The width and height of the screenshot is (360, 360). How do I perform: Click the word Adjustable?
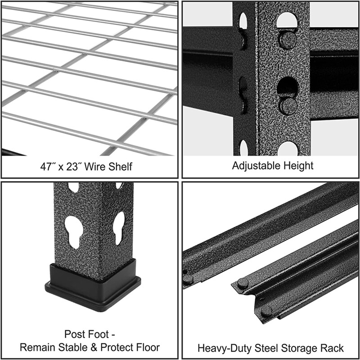coord(255,166)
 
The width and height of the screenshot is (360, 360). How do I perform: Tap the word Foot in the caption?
coord(97,334)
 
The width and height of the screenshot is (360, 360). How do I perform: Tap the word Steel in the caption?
coord(261,348)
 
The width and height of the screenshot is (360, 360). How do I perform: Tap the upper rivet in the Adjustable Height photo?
coord(287,40)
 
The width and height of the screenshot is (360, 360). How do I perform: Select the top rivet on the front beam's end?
coord(243,283)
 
